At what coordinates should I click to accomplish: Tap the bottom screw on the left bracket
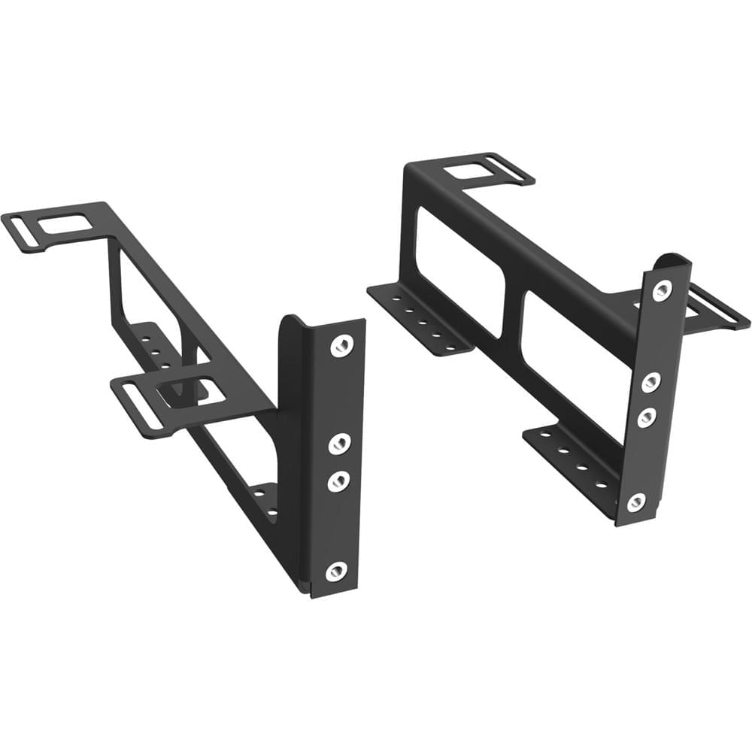pyautogui.click(x=336, y=571)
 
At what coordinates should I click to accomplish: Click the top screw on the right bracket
pyautogui.click(x=662, y=290)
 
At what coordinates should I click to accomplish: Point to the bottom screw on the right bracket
pyautogui.click(x=636, y=502)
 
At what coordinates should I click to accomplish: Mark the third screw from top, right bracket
pyautogui.click(x=646, y=416)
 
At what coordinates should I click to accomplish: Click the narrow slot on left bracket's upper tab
pyautogui.click(x=22, y=233)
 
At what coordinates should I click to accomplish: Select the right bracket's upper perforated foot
pyautogui.click(x=417, y=317)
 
